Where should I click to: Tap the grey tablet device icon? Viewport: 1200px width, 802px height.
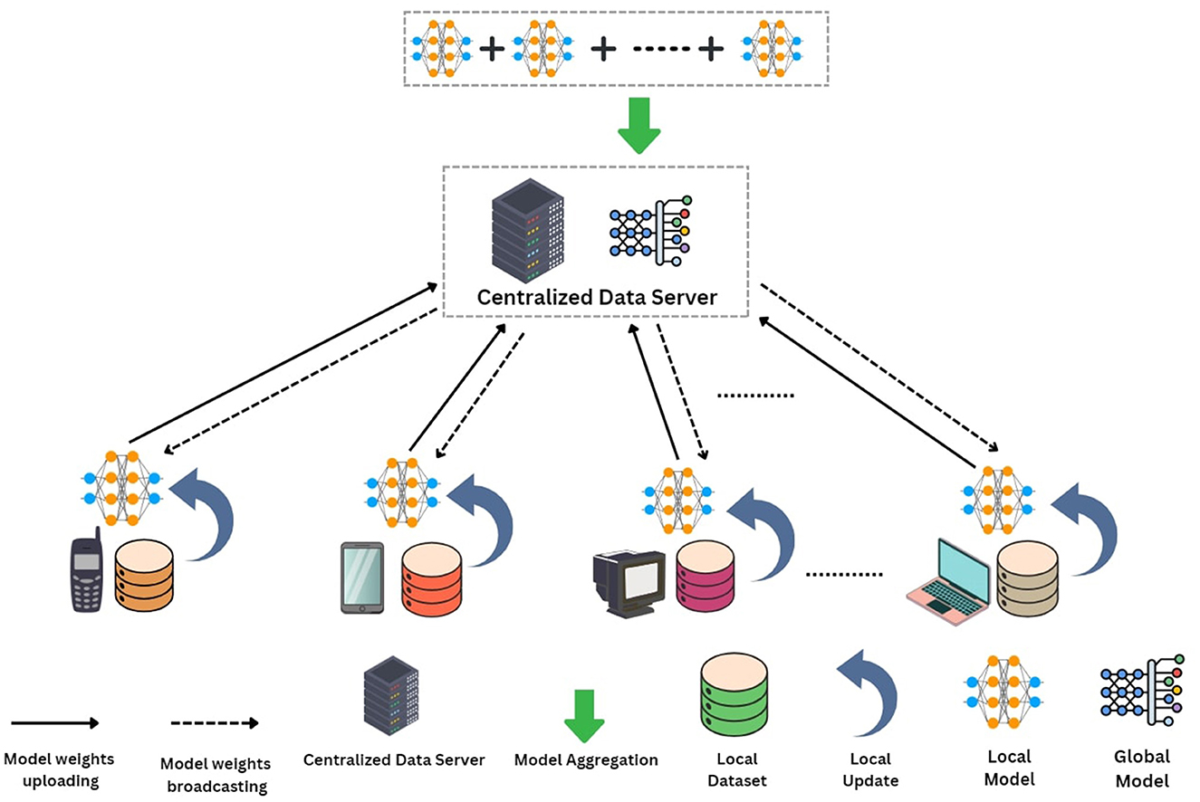pos(362,578)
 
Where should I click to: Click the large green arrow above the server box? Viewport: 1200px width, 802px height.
pos(639,128)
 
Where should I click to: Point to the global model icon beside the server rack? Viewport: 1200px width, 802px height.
pos(648,230)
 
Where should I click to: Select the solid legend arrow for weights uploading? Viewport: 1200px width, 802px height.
pos(54,722)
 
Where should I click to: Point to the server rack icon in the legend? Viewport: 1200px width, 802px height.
pos(390,696)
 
